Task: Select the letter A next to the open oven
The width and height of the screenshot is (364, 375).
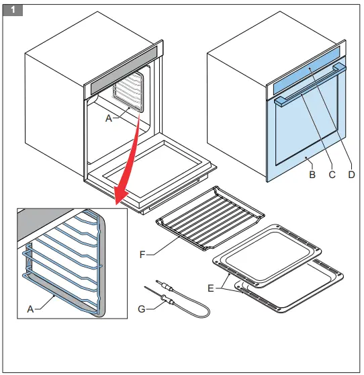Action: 108,117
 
